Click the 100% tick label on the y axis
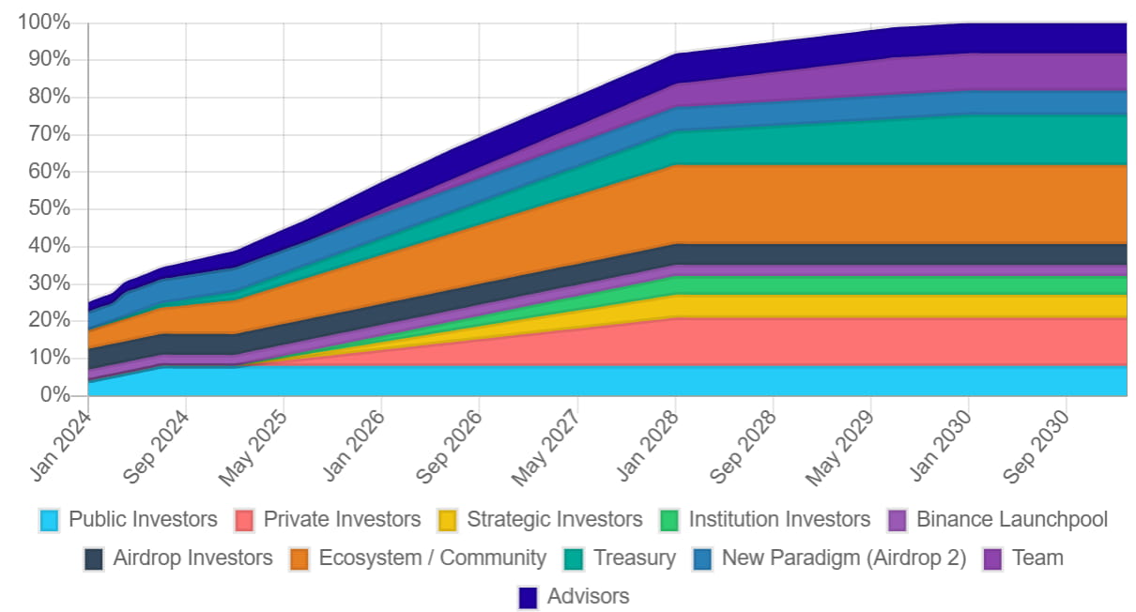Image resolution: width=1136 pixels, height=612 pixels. pos(43,22)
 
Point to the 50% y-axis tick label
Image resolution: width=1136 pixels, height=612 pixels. pos(49,208)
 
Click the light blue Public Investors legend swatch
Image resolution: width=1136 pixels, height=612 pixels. pos(50,520)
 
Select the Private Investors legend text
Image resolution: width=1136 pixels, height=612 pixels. pos(342,519)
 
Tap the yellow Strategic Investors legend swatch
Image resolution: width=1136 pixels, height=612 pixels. pos(448,520)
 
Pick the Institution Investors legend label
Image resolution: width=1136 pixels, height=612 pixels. pos(779,519)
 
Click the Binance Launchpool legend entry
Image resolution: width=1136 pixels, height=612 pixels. pos(1012,519)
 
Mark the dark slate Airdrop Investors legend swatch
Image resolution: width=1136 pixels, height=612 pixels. pos(94,558)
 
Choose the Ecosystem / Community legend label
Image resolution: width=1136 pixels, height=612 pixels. pos(432,558)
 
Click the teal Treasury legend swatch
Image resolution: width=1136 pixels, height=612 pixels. pos(576,558)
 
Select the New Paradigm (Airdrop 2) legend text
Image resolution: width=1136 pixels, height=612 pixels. pos(843,558)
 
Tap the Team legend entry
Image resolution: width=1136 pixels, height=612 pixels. pos(1037,558)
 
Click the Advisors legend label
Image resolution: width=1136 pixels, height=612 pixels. pos(588,596)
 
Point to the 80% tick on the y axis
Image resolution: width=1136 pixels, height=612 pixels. pos(49,97)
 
